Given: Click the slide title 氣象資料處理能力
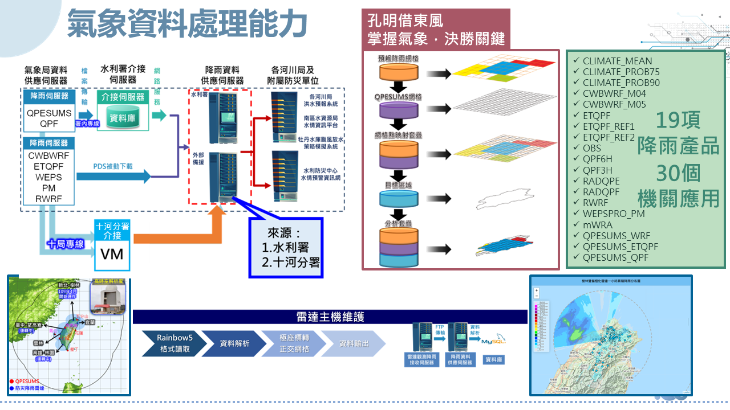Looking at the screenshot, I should [x=188, y=23].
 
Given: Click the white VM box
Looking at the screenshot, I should [x=112, y=253].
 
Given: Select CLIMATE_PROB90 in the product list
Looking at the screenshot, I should [x=617, y=83].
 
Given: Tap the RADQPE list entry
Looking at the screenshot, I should [x=601, y=181].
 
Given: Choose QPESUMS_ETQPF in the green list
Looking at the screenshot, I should [x=620, y=247].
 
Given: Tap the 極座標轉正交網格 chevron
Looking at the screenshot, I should [x=294, y=343].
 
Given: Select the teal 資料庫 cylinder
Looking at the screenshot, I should [x=121, y=118].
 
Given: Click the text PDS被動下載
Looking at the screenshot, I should [x=113, y=166].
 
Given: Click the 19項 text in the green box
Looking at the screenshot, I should [x=678, y=121].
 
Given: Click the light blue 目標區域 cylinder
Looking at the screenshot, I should [x=399, y=198].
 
